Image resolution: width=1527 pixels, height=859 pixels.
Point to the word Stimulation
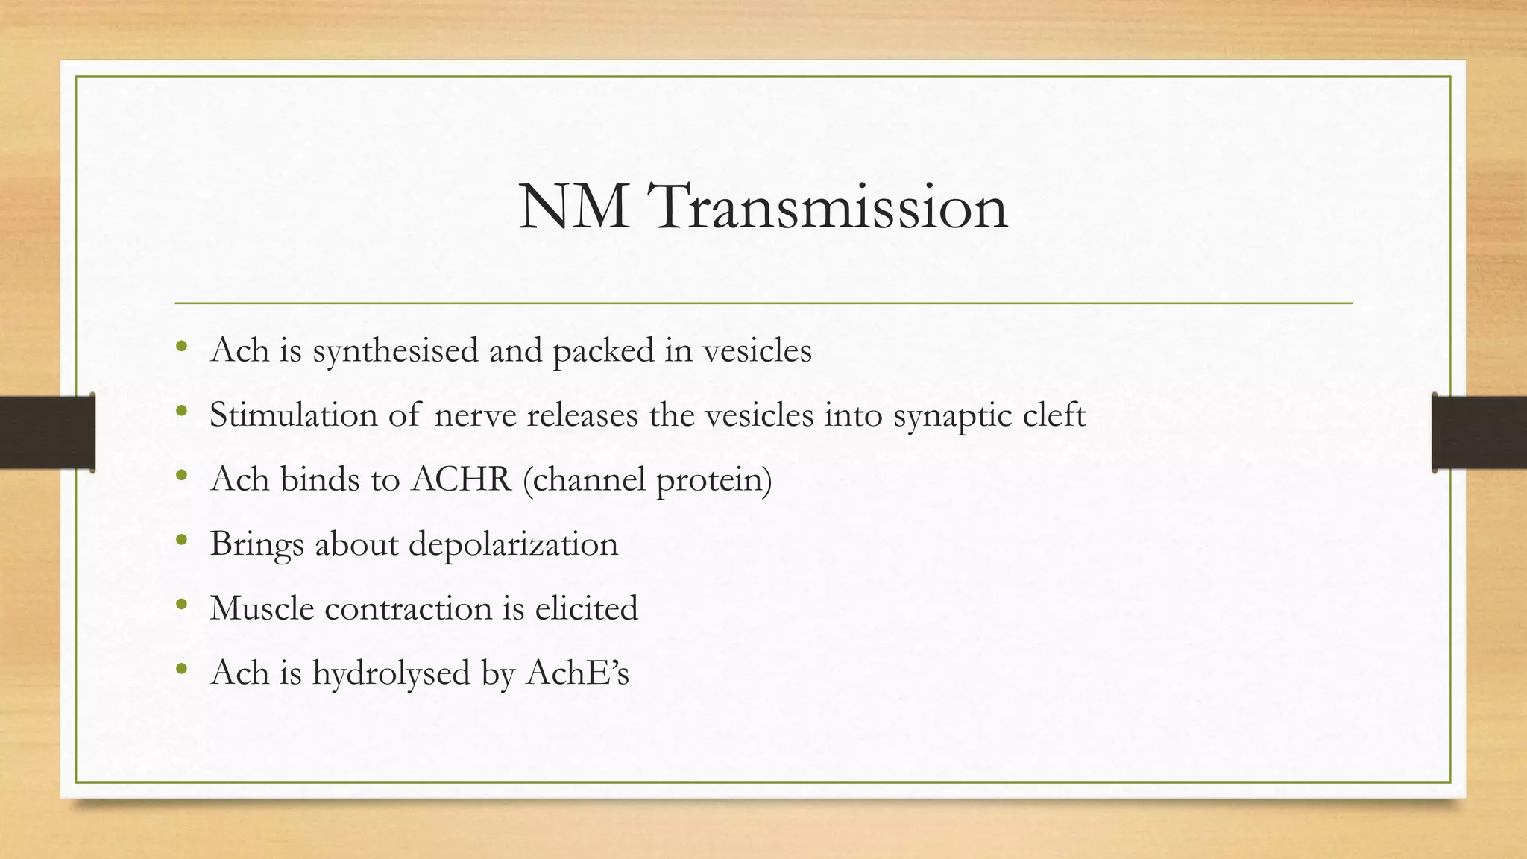click(x=293, y=415)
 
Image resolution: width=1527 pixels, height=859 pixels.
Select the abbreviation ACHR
click(x=461, y=479)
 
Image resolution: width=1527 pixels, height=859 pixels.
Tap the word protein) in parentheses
click(x=714, y=480)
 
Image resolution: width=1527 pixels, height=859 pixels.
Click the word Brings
click(x=256, y=544)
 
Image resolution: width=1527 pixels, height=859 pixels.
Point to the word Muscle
click(x=262, y=608)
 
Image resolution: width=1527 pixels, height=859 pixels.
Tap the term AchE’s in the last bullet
click(x=577, y=672)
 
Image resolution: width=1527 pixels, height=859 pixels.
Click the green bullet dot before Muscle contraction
click(x=182, y=605)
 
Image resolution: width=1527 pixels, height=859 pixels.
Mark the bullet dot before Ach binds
click(x=182, y=476)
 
